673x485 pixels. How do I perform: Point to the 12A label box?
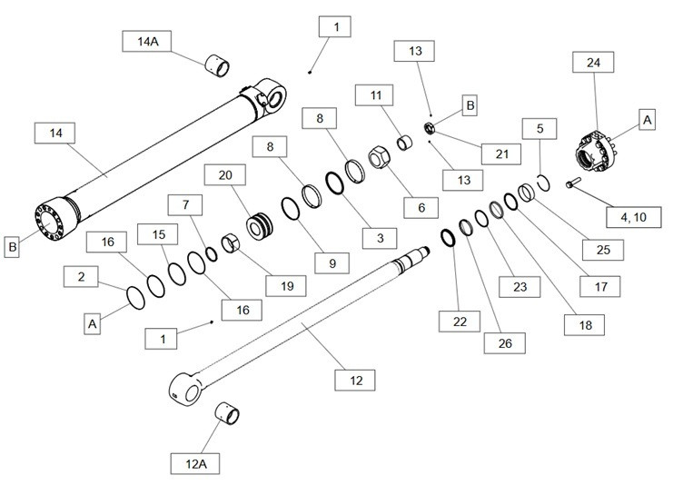[198, 461]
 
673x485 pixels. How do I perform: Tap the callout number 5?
[539, 129]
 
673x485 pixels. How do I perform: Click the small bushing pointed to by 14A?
[216, 64]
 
